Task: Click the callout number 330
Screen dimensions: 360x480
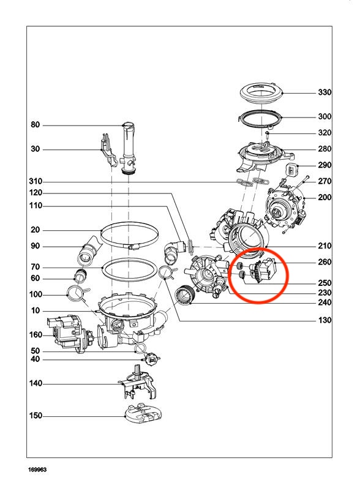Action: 324,92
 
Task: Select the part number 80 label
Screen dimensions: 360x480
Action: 36,125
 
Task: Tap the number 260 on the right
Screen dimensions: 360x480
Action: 324,262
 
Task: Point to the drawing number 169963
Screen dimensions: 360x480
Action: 37,469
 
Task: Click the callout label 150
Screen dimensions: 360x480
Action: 36,416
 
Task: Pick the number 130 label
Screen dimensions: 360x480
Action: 324,320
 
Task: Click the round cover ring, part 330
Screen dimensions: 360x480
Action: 261,94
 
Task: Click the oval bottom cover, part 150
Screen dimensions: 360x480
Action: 143,414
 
